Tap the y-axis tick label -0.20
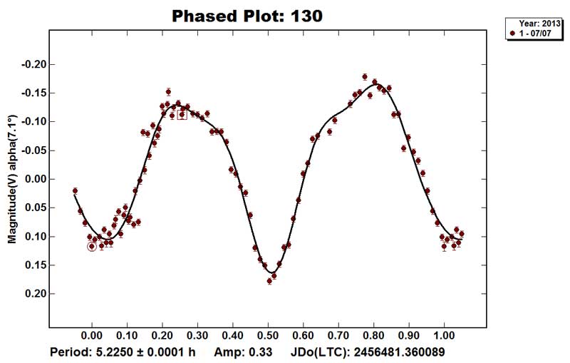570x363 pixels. pos(33,65)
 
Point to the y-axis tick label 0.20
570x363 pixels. pos(34,294)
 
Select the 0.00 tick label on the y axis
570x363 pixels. pos(34,179)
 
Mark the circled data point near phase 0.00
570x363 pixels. pos(91,247)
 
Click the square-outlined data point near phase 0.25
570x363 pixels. pos(182,114)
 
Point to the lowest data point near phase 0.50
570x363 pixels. pos(269,281)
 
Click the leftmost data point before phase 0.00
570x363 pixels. pos(75,190)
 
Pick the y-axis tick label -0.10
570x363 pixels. pos(33,122)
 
